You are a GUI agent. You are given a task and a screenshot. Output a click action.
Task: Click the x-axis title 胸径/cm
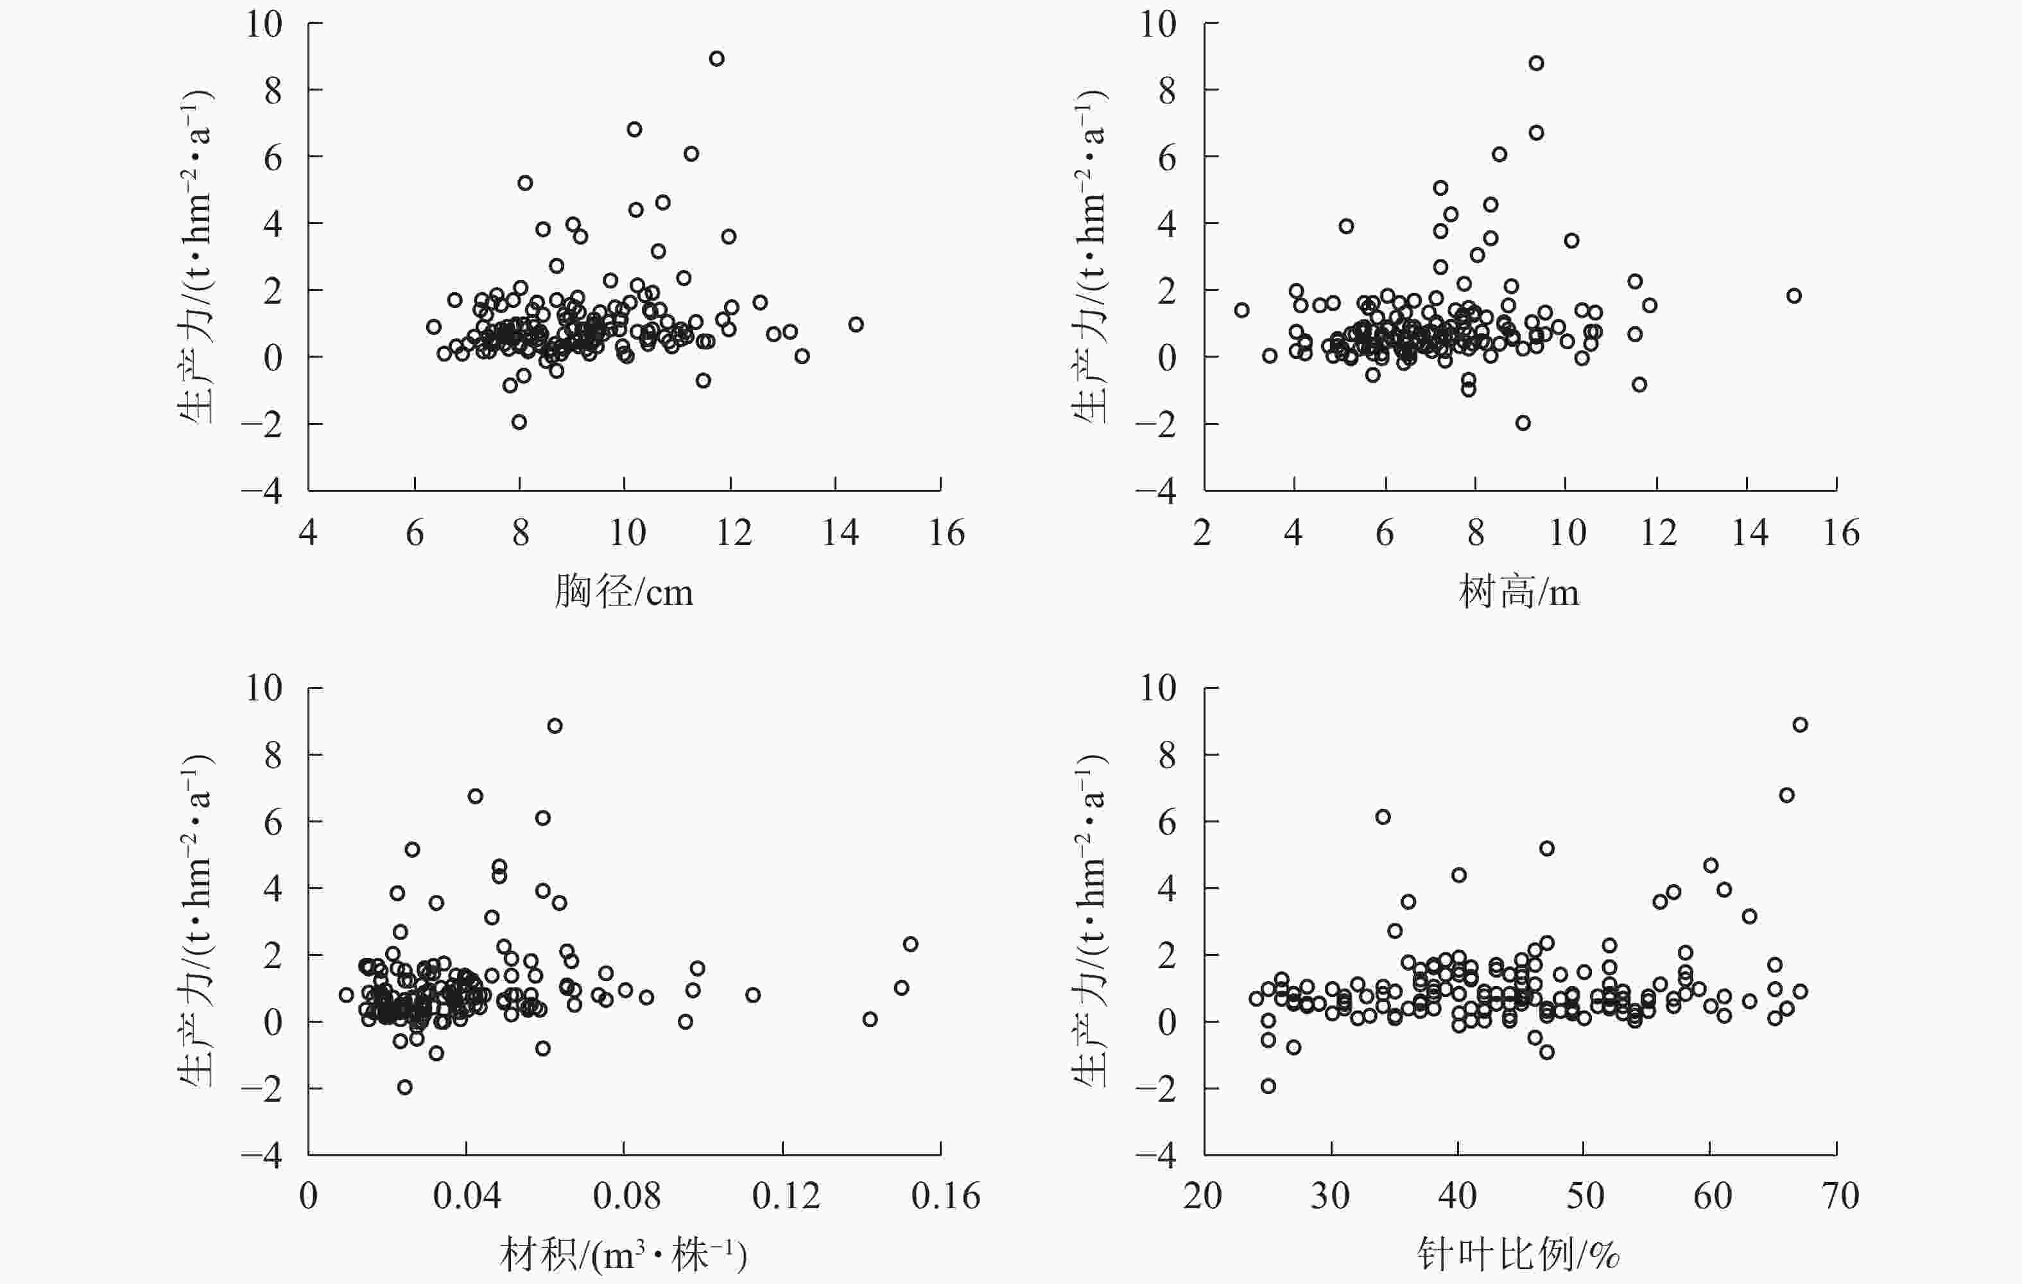[623, 593]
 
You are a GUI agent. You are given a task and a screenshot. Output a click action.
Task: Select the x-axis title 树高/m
[1518, 593]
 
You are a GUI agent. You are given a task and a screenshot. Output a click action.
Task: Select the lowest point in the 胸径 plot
[519, 422]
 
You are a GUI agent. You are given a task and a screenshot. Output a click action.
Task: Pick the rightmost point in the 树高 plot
[1793, 295]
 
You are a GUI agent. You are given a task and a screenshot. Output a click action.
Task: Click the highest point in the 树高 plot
[1536, 63]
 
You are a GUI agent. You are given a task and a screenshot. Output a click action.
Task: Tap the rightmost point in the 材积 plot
[910, 944]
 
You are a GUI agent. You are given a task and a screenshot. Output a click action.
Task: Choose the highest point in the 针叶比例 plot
[1799, 725]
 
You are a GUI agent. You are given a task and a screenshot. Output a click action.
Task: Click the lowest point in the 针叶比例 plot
[1268, 1086]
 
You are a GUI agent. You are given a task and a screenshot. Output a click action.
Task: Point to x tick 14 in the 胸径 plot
[836, 483]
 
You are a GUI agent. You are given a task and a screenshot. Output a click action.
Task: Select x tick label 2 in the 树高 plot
[1202, 534]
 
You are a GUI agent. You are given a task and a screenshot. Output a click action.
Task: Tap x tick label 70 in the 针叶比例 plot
[1837, 1197]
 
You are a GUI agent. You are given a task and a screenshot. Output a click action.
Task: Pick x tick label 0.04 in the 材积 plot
[466, 1197]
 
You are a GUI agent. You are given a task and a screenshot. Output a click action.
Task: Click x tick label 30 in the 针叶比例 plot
[1330, 1197]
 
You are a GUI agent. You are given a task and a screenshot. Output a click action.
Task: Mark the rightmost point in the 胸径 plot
[856, 324]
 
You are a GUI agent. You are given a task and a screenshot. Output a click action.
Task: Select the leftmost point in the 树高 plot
[1241, 310]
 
